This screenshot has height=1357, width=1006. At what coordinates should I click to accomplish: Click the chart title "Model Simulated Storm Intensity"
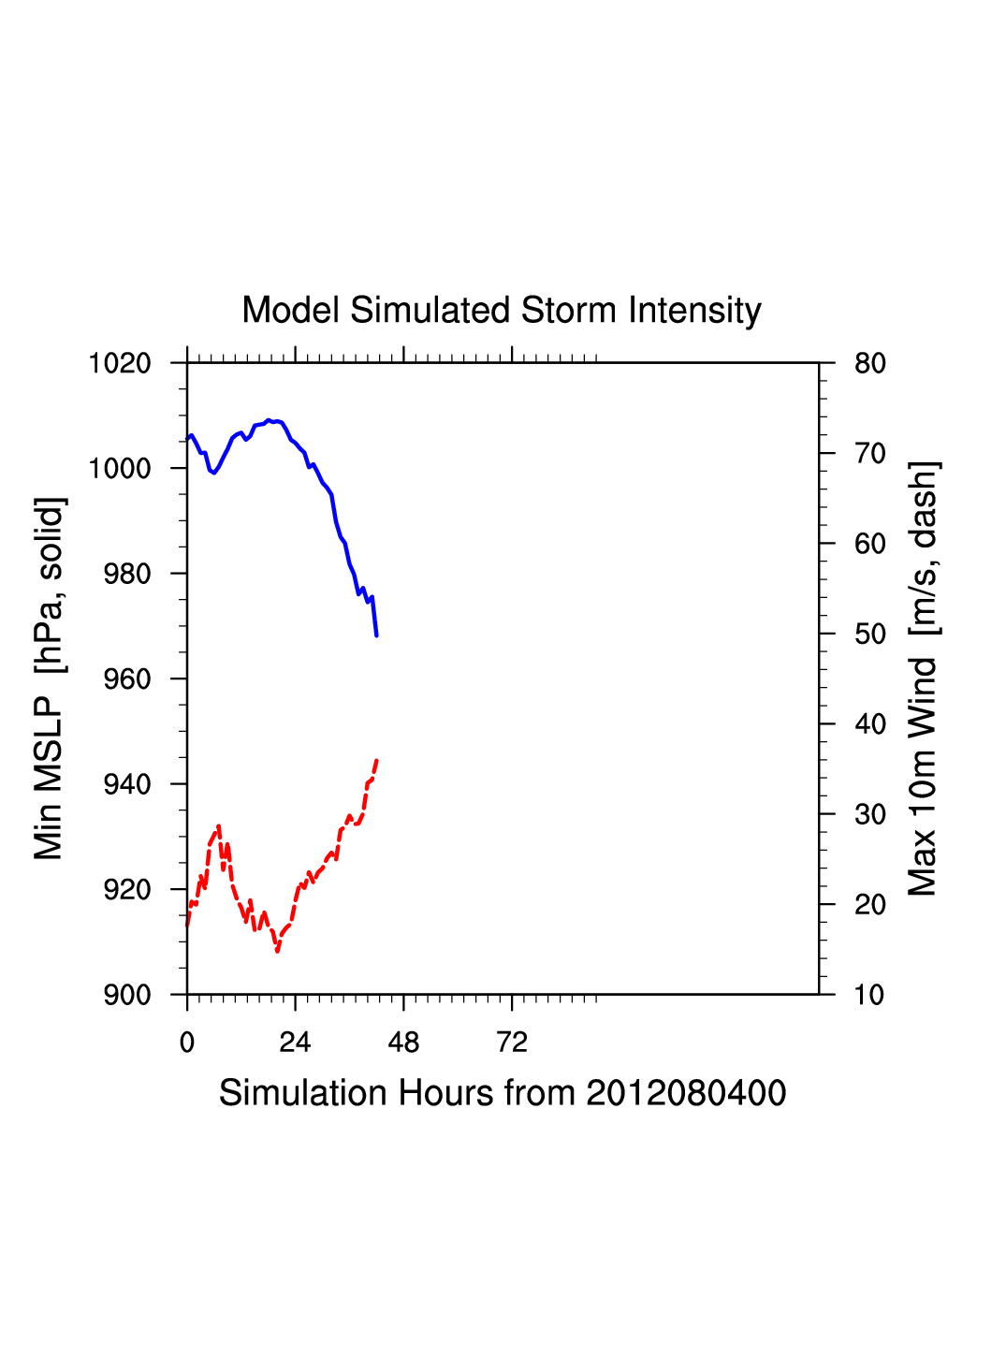coord(502,311)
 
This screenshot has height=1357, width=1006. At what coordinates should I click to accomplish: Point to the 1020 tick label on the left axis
coord(120,363)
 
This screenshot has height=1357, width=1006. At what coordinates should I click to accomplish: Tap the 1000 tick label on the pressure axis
coord(120,468)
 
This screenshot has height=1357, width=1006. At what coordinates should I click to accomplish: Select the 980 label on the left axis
coord(127,574)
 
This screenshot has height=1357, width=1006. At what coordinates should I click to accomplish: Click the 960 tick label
coord(127,679)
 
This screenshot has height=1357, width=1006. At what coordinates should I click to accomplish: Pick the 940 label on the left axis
coord(127,784)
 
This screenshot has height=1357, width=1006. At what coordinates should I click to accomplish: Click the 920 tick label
coord(127,890)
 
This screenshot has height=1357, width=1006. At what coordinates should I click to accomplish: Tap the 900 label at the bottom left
coord(127,995)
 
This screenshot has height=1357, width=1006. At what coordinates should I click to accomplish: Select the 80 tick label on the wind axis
coord(870,363)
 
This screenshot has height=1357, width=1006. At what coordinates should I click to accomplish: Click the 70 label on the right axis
coord(870,454)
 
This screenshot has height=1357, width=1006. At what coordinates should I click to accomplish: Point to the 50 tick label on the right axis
coord(870,635)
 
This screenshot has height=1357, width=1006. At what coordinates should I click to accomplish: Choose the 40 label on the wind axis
coord(870,724)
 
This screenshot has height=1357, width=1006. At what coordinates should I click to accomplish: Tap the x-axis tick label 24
coord(295,1043)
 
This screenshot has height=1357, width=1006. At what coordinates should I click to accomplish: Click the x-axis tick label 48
coord(403,1043)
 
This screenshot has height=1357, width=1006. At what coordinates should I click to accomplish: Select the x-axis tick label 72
coord(512,1043)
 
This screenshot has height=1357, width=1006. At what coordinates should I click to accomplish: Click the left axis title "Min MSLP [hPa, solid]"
coord(49,678)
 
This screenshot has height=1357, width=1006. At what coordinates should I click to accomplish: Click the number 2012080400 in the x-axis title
coord(686,1093)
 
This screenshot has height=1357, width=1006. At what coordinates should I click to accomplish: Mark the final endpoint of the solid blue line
coord(376,635)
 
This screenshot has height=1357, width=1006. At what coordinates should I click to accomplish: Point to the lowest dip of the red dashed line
coord(278,951)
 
